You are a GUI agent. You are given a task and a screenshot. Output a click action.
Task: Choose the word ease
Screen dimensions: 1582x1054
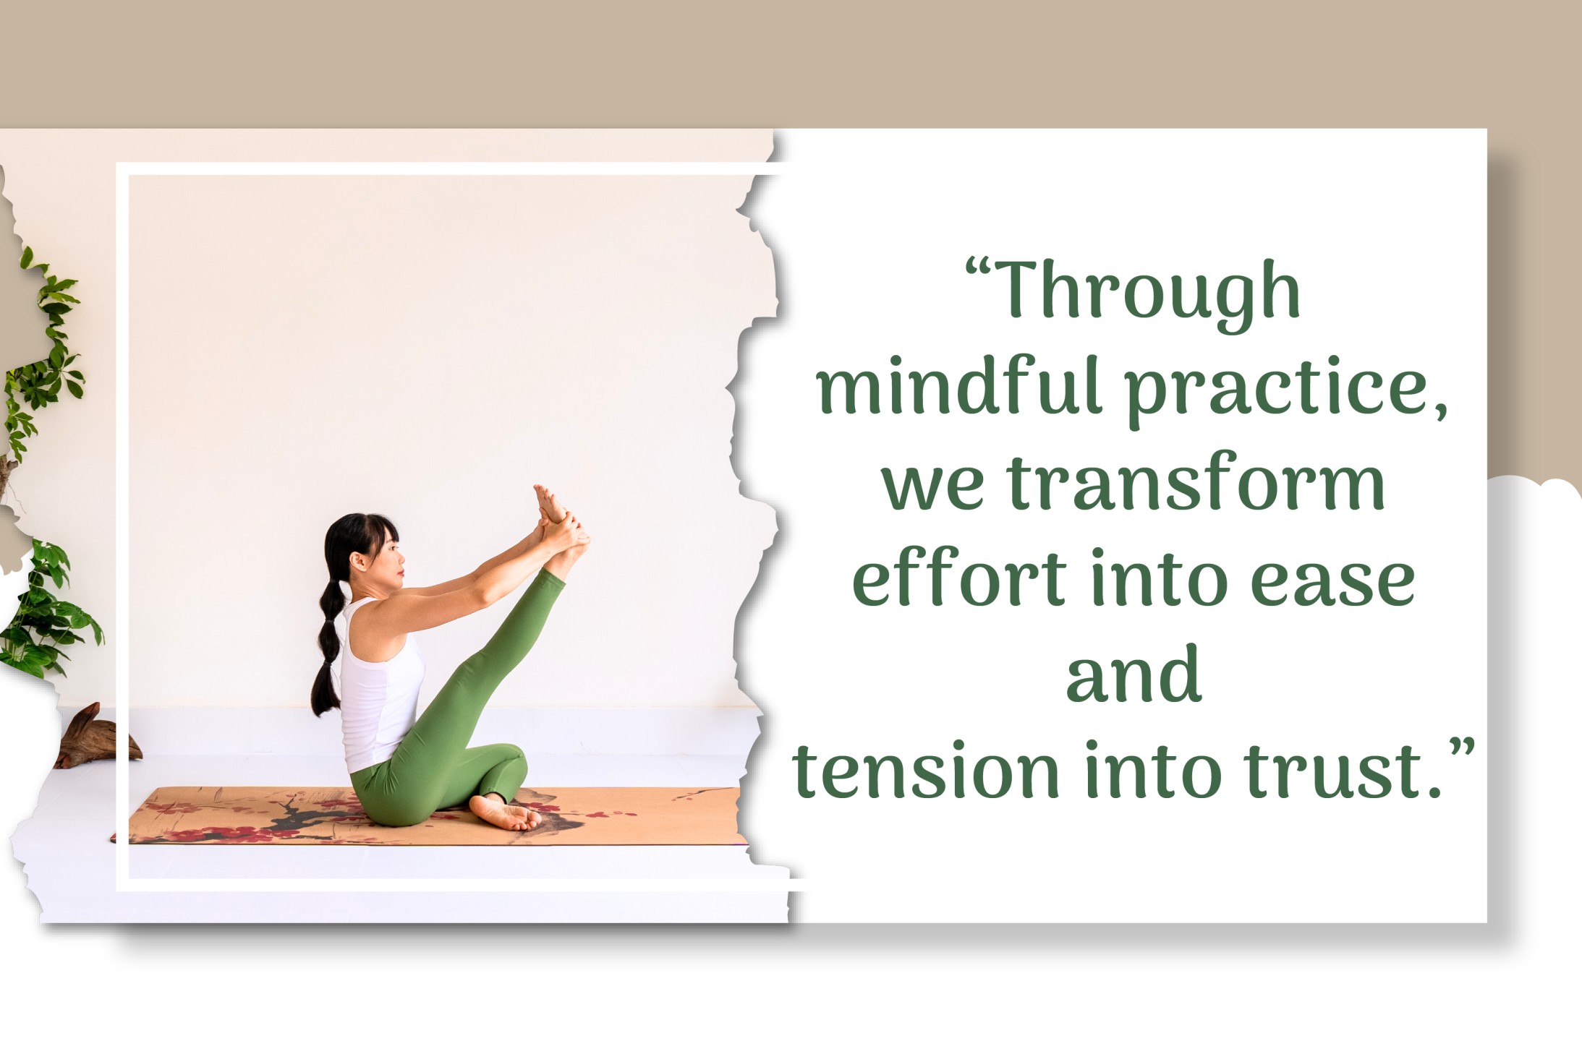point(1332,583)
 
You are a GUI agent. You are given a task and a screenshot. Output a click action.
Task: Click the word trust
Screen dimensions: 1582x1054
point(1332,772)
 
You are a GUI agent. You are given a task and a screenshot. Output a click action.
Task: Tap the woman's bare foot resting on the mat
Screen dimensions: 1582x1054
point(506,813)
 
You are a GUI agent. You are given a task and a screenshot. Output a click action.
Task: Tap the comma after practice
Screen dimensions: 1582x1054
point(1439,413)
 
